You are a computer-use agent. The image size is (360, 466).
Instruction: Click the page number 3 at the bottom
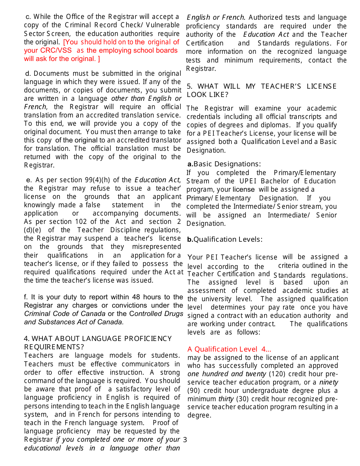(185, 439)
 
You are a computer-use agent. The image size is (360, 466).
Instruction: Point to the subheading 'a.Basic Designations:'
(224, 164)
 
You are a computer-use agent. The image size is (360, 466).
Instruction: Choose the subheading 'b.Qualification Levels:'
(225, 239)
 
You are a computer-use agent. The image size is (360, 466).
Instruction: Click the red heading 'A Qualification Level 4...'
(229, 349)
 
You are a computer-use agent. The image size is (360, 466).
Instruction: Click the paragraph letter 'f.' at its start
(26, 297)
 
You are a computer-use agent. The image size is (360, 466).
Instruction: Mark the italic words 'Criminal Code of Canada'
(65, 314)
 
